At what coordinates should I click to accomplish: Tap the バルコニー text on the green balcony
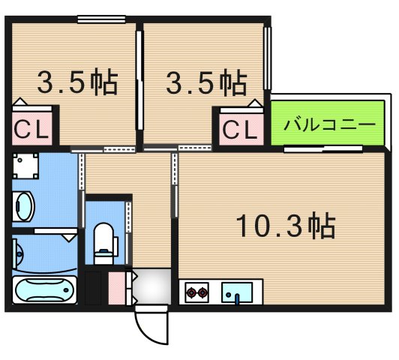(x=329, y=122)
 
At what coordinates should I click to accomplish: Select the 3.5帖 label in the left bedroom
(x=78, y=82)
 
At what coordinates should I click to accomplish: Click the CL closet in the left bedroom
(x=31, y=128)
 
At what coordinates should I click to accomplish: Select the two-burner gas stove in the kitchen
(x=198, y=290)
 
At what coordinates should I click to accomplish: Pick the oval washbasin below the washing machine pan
(x=23, y=205)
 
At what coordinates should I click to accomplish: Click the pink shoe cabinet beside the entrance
(x=117, y=288)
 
